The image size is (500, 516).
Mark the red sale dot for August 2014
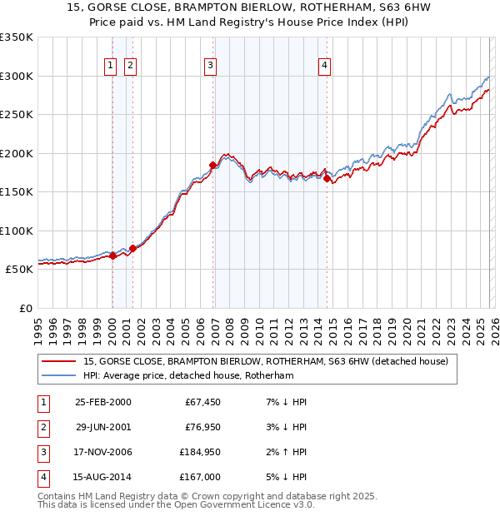(327, 178)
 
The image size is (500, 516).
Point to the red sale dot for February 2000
(112, 256)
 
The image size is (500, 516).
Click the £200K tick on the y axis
(17, 153)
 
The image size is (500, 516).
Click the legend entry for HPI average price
(188, 375)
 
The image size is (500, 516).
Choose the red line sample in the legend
(59, 361)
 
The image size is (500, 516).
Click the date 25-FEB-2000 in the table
(102, 402)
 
